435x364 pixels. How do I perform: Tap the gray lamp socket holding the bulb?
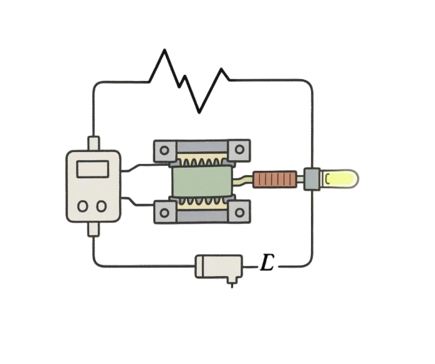tap(312, 180)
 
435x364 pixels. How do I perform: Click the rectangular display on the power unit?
tap(92, 168)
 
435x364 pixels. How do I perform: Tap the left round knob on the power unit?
tap(84, 206)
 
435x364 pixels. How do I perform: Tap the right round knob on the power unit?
tap(100, 206)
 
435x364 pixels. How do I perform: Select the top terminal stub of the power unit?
tap(94, 143)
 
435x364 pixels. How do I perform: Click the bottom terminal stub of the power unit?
tap(94, 230)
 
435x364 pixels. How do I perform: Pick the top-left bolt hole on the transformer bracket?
tap(165, 150)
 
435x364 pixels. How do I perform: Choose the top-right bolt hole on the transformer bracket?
tap(239, 150)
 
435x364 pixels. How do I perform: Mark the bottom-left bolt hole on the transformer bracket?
tap(165, 212)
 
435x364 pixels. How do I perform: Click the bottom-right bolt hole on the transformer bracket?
tap(239, 212)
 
